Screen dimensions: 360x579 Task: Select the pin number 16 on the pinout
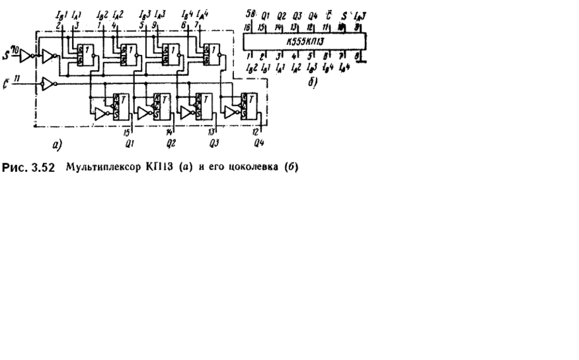[247, 27]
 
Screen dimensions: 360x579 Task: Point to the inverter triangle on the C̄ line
[45, 85]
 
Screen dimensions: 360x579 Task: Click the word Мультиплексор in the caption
[94, 166]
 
